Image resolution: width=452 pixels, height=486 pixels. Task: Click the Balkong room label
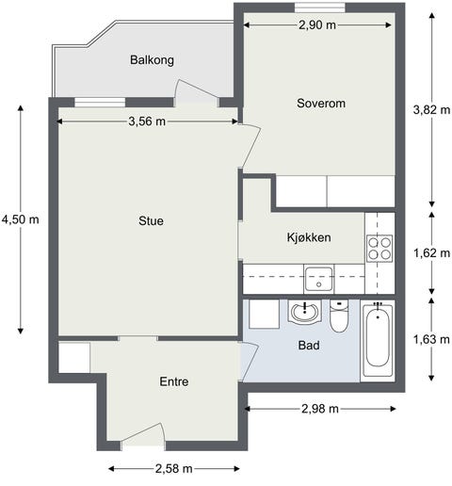tap(152, 60)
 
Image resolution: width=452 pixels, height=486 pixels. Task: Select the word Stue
tap(151, 222)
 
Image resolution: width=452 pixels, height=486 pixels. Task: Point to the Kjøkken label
tap(309, 238)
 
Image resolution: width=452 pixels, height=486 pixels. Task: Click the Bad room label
tap(308, 346)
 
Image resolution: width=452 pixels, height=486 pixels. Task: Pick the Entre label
tap(173, 382)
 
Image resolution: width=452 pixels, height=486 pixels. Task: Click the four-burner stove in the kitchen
tap(379, 249)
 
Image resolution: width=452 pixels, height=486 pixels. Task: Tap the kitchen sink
tap(318, 279)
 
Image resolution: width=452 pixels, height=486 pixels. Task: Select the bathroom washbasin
tap(305, 312)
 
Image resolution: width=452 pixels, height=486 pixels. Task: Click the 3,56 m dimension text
tap(148, 121)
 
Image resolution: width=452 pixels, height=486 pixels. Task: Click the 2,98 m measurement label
tap(321, 409)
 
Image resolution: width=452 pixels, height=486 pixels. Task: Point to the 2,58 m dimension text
tap(173, 468)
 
